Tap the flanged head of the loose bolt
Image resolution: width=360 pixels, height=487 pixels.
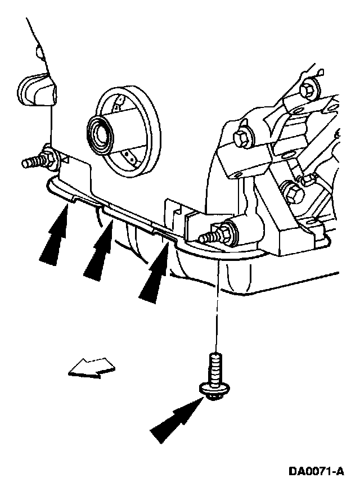tap(212, 389)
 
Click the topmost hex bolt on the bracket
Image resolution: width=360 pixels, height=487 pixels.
tap(308, 88)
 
